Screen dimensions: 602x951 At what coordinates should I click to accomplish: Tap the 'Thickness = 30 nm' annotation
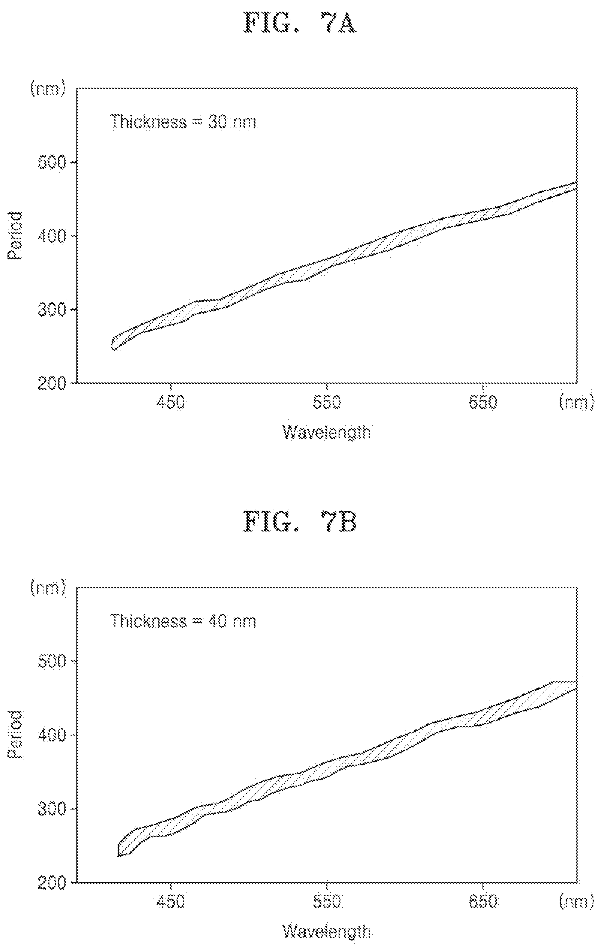point(183,122)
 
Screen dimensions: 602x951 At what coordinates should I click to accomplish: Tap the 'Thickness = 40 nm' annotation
point(183,621)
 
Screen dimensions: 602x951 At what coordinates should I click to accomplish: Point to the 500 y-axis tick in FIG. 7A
point(51,163)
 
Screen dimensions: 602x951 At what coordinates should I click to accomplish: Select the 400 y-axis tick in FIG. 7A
point(51,236)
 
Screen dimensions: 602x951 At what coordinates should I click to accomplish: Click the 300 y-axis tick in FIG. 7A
point(51,310)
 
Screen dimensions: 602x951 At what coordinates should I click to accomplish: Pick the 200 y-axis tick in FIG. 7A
point(51,383)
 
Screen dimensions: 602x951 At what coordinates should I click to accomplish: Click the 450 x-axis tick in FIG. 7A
point(170,403)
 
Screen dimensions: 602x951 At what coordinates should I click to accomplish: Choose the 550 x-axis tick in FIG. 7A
point(327,403)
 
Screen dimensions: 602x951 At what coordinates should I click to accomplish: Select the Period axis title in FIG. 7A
point(16,236)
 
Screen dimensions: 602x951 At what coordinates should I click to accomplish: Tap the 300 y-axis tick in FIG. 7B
point(51,809)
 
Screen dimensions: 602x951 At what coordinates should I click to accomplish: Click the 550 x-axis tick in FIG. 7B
point(327,902)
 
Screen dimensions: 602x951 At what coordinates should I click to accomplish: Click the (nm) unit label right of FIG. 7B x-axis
point(577,902)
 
